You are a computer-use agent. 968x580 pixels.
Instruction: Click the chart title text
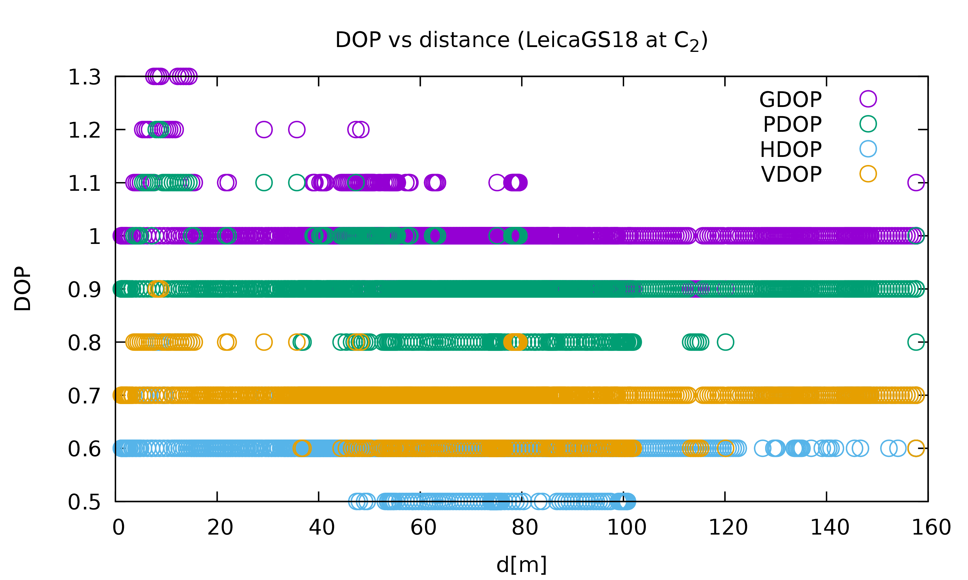(521, 41)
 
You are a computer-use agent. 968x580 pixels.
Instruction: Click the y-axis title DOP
(22, 289)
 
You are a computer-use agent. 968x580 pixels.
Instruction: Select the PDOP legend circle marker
(868, 124)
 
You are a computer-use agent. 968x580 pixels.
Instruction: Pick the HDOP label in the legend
(791, 149)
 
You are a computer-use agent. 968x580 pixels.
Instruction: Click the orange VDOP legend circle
(868, 174)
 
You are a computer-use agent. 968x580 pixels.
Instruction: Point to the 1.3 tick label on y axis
(85, 77)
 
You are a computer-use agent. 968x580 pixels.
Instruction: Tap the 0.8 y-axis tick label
(85, 343)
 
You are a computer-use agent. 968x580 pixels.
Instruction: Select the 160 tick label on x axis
(931, 527)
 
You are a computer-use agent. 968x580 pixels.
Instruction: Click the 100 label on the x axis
(626, 527)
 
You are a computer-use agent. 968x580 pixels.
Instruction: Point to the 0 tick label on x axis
(118, 527)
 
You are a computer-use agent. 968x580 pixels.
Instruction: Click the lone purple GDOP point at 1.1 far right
(916, 182)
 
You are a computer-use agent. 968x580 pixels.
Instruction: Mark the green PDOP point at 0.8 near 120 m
(725, 342)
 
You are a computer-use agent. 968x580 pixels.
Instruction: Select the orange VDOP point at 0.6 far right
(916, 448)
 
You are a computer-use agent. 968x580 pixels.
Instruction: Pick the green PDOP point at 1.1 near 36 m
(297, 182)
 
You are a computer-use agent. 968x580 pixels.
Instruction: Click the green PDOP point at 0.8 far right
(916, 342)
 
